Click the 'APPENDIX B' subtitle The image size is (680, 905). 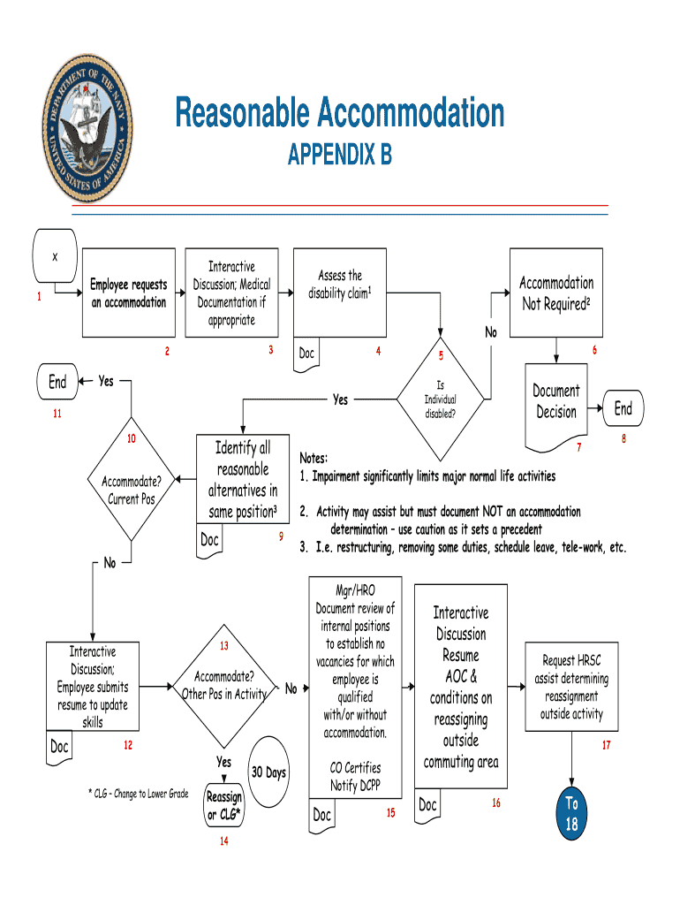click(x=340, y=156)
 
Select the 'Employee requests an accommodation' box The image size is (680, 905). click(x=128, y=293)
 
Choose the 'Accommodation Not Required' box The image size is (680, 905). click(x=556, y=293)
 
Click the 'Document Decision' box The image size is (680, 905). click(x=556, y=401)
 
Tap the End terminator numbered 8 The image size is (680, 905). click(x=623, y=408)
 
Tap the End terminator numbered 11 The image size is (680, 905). click(x=57, y=382)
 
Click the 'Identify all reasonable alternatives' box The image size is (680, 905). click(x=243, y=480)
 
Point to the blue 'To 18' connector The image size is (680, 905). click(x=571, y=814)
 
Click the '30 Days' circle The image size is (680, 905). click(x=268, y=772)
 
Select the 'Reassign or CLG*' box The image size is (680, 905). click(x=224, y=805)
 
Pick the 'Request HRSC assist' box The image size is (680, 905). click(x=571, y=687)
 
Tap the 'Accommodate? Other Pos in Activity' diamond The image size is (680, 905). click(x=224, y=686)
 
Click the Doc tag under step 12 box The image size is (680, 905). click(x=59, y=747)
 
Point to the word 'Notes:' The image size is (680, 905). click(x=314, y=459)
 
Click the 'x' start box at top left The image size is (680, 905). click(x=55, y=257)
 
